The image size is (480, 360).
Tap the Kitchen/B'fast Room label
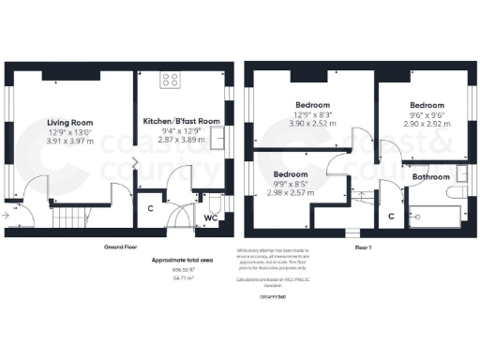[x=182, y=122]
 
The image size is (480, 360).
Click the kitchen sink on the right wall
[x=221, y=138]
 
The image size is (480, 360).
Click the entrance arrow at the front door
[x=8, y=216]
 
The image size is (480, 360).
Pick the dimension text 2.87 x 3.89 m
[x=181, y=140]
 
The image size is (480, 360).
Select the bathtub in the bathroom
[x=436, y=217]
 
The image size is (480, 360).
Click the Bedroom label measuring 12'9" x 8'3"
[x=311, y=105]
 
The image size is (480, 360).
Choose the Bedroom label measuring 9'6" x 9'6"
[x=425, y=105]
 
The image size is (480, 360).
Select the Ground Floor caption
[x=122, y=247]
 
